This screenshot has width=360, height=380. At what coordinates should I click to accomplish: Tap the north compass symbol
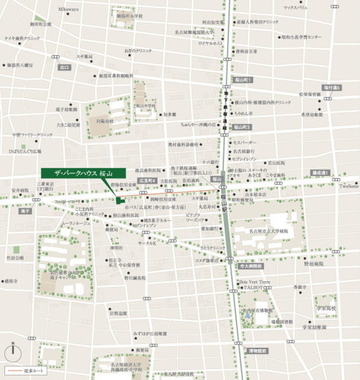click(x=13, y=351)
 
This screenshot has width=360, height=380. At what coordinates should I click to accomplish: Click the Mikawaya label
click(x=69, y=9)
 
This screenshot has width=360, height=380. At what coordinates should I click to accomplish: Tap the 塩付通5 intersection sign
click(x=332, y=87)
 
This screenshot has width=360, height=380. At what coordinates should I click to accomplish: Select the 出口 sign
click(x=64, y=66)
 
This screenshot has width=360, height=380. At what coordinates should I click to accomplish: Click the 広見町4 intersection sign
click(x=147, y=180)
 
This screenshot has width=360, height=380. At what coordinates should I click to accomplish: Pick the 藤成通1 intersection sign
click(x=320, y=172)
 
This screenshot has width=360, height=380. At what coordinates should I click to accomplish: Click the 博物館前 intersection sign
click(x=258, y=350)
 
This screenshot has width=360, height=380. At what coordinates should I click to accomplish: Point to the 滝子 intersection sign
click(x=25, y=211)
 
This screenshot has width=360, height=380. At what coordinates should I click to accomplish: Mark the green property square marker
click(x=118, y=201)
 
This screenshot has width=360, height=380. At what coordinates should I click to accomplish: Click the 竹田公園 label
click(x=15, y=258)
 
